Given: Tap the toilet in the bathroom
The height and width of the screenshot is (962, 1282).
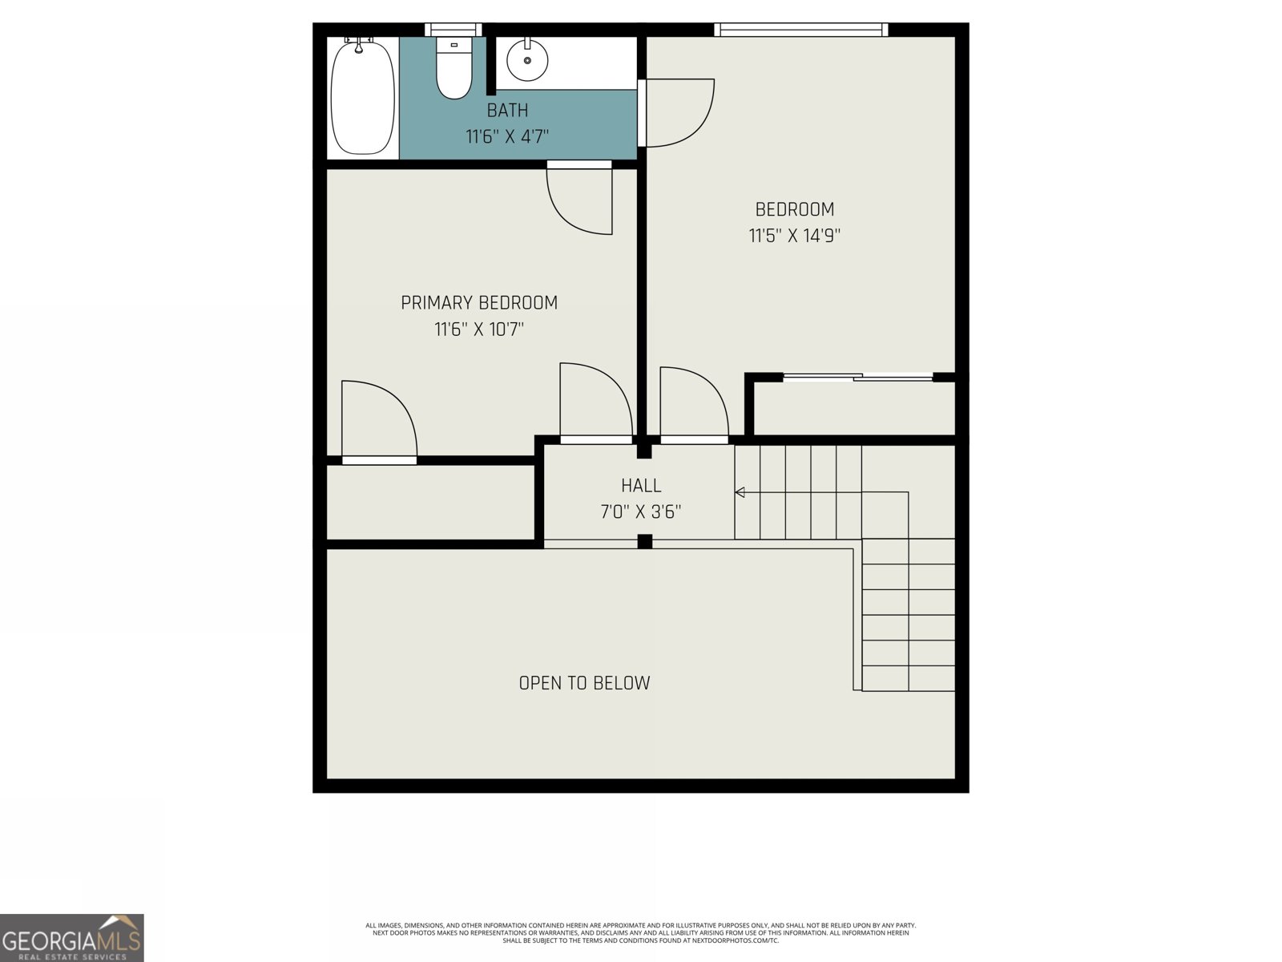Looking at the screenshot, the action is coord(454,68).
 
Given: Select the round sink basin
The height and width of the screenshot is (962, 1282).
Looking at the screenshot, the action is coord(526,59).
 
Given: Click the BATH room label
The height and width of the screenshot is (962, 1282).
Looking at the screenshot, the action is coord(507,110).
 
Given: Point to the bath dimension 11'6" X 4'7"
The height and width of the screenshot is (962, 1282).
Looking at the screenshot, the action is coord(507,136).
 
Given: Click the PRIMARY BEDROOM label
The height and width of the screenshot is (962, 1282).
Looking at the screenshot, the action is coord(479,302).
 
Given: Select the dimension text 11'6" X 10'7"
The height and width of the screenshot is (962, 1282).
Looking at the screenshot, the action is coord(479,329).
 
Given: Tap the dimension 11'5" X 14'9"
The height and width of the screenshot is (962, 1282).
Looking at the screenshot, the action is coord(794,236).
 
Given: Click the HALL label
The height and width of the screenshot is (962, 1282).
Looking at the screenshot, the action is coord(641,485).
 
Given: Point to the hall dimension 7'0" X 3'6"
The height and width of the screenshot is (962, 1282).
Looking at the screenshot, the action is coord(641,512).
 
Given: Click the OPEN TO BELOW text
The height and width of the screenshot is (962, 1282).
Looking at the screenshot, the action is coord(584,683).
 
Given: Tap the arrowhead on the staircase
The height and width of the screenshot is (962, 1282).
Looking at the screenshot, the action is coord(740,492).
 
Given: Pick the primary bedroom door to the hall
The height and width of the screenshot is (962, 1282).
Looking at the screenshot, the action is coord(596,403).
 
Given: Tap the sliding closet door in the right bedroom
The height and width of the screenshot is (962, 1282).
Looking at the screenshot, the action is coord(857,378).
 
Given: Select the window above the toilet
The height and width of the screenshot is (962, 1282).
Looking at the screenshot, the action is coord(454,29).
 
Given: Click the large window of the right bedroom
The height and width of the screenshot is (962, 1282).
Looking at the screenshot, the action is coord(800,29).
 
